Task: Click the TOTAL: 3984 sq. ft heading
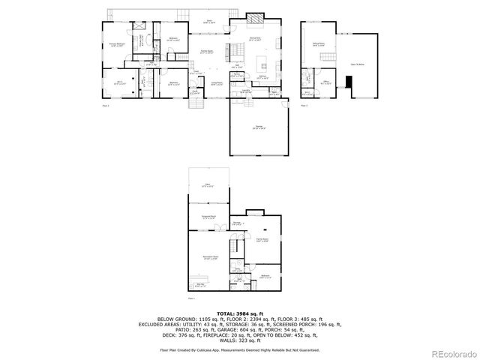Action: coord(239,313)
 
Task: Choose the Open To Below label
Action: coord(357,64)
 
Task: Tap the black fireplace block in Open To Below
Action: coord(348,80)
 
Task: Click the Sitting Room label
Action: coord(318,45)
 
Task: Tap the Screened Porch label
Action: coord(208,217)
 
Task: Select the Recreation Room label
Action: coord(209,257)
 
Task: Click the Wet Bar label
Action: coord(200,284)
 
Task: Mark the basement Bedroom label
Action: coord(265,276)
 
